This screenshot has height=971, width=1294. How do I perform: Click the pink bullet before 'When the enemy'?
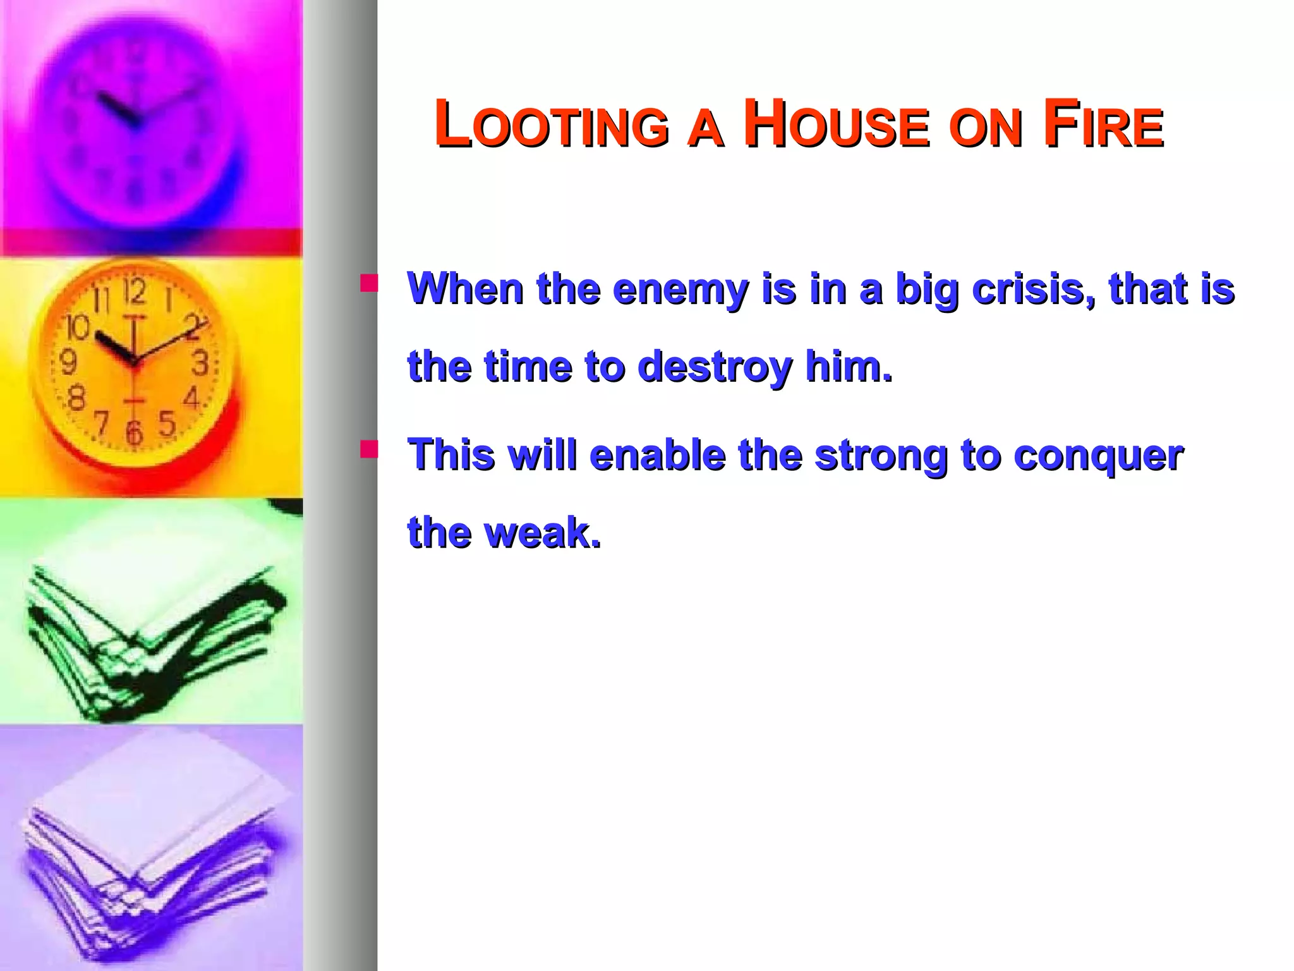pos(368,283)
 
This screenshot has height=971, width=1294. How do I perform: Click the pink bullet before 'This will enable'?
pos(368,449)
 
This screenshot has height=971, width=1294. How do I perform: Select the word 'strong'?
pos(881,455)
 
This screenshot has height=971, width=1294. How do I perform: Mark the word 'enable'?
pos(657,455)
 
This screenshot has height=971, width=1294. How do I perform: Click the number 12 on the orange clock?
pos(134,291)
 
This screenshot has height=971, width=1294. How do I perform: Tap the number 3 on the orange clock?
pos(200,363)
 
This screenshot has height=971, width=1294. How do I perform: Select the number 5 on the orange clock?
pos(167,424)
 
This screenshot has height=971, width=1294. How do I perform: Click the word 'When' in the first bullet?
pos(466,290)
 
